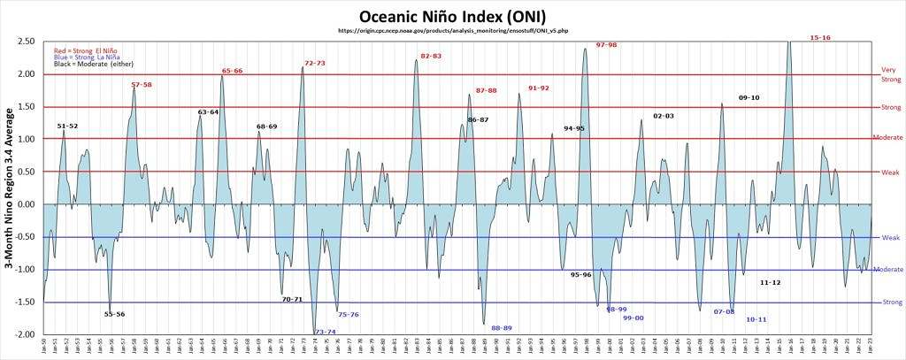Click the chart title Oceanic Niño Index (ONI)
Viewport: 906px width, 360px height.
point(451,16)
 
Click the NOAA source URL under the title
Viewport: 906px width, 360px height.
point(453,31)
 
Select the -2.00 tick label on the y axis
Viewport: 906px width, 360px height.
point(24,334)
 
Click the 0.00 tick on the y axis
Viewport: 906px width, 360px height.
point(26,204)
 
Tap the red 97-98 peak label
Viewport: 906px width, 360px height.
point(606,44)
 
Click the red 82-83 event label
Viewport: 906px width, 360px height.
point(431,56)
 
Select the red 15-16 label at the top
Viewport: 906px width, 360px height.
point(820,38)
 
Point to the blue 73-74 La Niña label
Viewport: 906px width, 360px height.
point(325,332)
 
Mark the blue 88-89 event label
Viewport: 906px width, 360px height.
point(501,328)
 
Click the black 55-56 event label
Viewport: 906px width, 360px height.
point(114,314)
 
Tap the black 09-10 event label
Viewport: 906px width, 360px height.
point(749,97)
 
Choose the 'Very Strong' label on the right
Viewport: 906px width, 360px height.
point(889,74)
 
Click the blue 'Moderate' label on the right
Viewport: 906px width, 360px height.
point(887,269)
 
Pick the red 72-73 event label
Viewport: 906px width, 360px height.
point(314,63)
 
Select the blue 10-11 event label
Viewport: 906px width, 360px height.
point(756,319)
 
